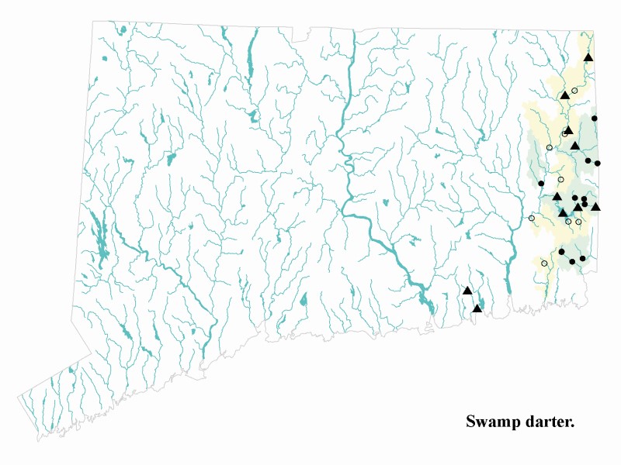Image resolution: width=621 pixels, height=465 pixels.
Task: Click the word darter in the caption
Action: (550, 422)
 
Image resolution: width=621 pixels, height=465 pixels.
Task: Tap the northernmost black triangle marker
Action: (588, 57)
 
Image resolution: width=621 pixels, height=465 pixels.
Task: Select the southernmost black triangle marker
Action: (477, 308)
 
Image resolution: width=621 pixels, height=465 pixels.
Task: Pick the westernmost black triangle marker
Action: (467, 291)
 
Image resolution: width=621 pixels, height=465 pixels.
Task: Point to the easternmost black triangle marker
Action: (595, 206)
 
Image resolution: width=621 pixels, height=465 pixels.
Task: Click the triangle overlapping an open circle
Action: (568, 130)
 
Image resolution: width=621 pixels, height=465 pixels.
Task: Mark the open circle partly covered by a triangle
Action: (564, 134)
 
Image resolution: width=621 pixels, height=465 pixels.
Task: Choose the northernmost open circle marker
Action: (574, 91)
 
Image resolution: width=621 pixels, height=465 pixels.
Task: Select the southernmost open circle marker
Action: (544, 263)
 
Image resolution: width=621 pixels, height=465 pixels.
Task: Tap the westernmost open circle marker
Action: (532, 218)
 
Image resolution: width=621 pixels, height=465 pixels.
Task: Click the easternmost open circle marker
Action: (578, 222)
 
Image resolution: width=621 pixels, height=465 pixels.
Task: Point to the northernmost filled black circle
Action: (595, 118)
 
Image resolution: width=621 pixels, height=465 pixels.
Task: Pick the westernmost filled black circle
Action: (541, 183)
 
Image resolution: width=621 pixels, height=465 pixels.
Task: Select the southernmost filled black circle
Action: (573, 262)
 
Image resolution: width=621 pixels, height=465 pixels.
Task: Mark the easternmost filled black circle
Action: (597, 164)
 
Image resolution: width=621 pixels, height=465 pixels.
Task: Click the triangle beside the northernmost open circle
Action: (565, 95)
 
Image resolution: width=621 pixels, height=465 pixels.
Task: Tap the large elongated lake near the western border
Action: (102, 240)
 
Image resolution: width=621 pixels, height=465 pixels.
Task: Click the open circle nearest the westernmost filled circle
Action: (560, 180)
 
